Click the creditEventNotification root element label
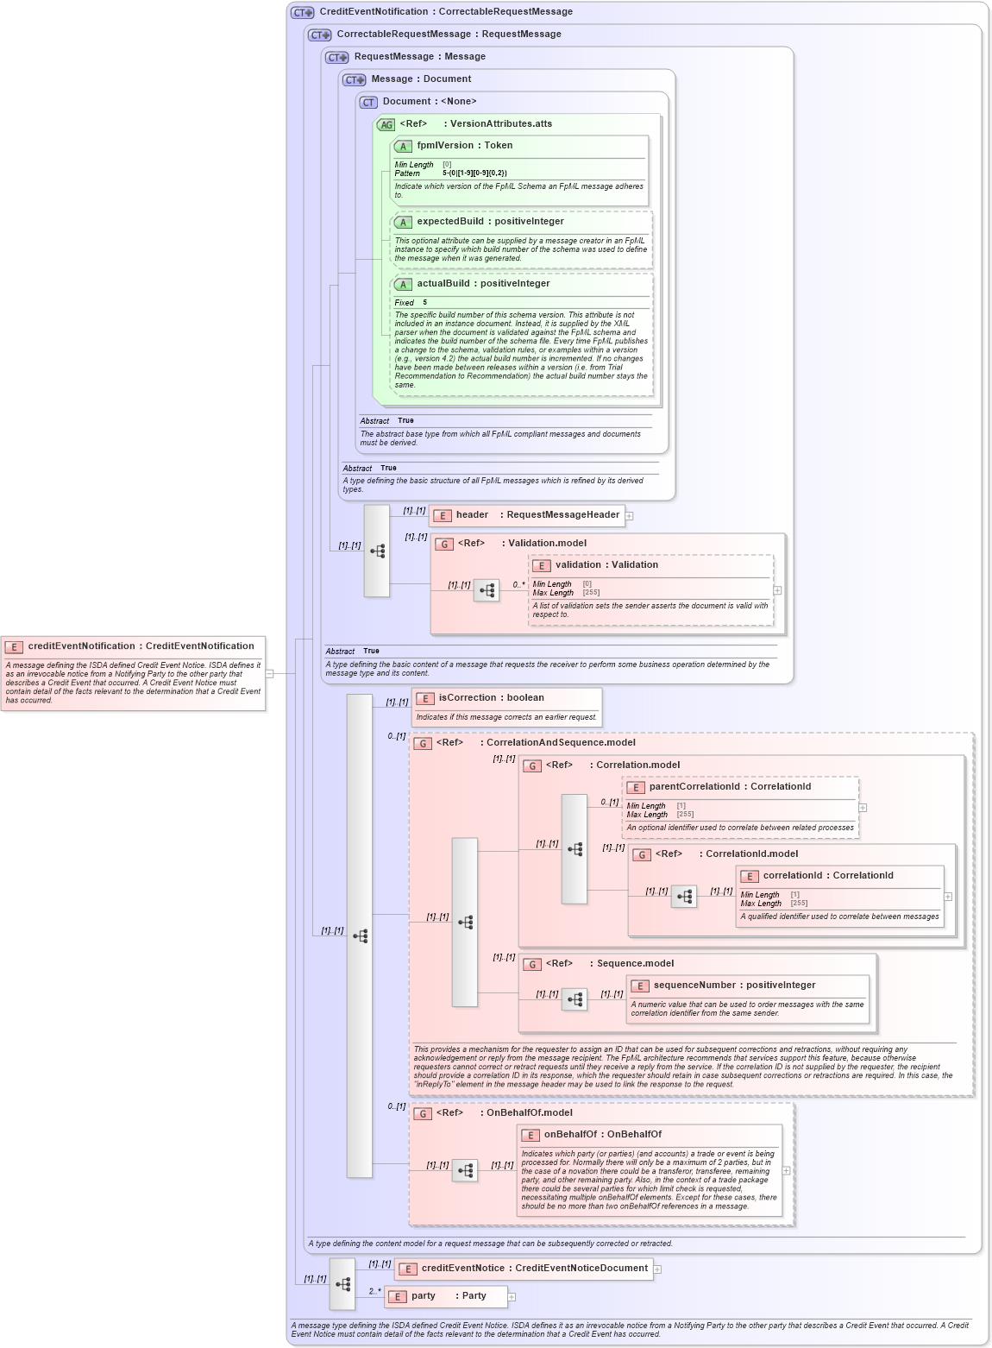click(141, 646)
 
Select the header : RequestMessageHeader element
click(537, 515)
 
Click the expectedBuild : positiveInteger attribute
click(490, 222)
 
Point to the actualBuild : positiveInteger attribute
click(483, 284)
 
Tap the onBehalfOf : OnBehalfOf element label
click(602, 1135)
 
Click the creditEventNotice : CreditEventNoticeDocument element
click(534, 1269)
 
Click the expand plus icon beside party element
click(512, 1297)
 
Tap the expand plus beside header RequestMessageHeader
click(630, 516)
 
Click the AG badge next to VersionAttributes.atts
click(386, 125)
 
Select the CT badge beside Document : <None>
click(368, 103)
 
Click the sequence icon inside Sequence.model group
click(574, 1000)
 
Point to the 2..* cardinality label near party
click(374, 1292)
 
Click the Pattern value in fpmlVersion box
click(474, 173)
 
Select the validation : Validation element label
click(606, 565)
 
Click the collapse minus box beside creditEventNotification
click(269, 674)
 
